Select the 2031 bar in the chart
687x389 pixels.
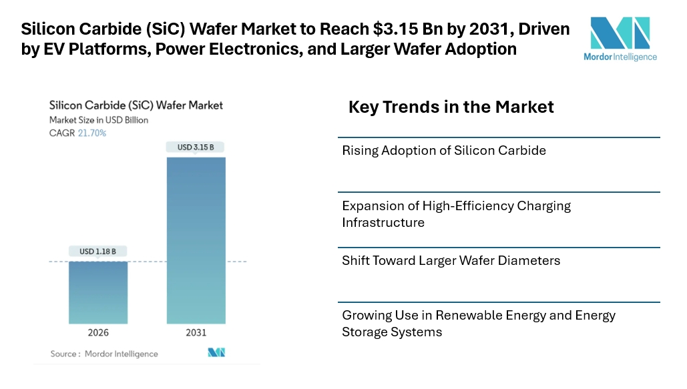click(x=196, y=240)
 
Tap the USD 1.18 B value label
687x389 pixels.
click(x=98, y=252)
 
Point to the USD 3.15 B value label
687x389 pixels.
click(x=196, y=147)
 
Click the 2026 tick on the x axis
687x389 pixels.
click(x=98, y=333)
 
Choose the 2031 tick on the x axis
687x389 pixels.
click(x=196, y=333)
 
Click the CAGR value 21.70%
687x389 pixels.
click(x=92, y=133)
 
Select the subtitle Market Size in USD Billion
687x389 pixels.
click(x=99, y=120)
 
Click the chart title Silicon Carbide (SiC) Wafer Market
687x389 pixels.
click(x=136, y=105)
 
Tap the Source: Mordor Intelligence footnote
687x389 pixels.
click(x=104, y=354)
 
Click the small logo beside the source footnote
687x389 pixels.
click(x=217, y=352)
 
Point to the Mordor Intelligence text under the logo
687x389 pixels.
click(x=620, y=57)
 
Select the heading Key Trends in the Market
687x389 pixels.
click(x=451, y=107)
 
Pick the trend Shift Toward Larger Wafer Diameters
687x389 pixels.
click(x=451, y=261)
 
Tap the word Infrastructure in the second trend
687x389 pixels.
click(x=383, y=222)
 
